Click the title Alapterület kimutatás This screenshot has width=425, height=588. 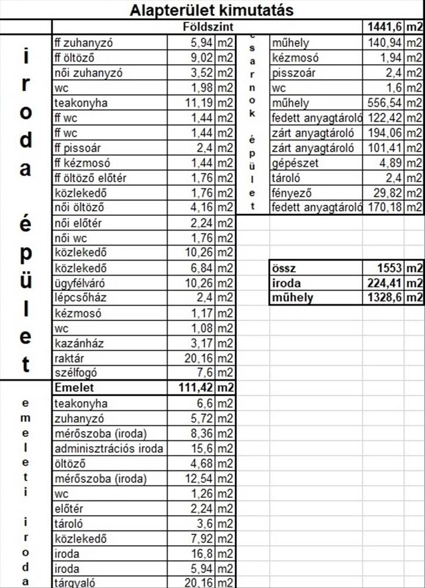pyautogui.click(x=212, y=10)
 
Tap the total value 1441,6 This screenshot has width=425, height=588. pyautogui.click(x=383, y=27)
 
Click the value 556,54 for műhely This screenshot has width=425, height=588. pyautogui.click(x=384, y=103)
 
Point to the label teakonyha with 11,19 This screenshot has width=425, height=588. pyautogui.click(x=77, y=103)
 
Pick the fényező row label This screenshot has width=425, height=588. pyautogui.click(x=291, y=192)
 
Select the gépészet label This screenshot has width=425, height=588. pyautogui.click(x=295, y=162)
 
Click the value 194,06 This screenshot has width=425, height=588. pyautogui.click(x=384, y=133)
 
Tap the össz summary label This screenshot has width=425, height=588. pyautogui.click(x=283, y=268)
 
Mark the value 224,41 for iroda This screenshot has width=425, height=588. pyautogui.click(x=384, y=282)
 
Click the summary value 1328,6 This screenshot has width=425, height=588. pyautogui.click(x=384, y=298)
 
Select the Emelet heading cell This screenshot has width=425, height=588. pyautogui.click(x=74, y=387)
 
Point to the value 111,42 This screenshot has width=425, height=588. pyautogui.click(x=195, y=387)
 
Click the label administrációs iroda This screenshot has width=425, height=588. pyautogui.click(x=109, y=449)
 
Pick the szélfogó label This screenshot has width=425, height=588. pyautogui.click(x=75, y=373)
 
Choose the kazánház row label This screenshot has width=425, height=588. pyautogui.click(x=78, y=343)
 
